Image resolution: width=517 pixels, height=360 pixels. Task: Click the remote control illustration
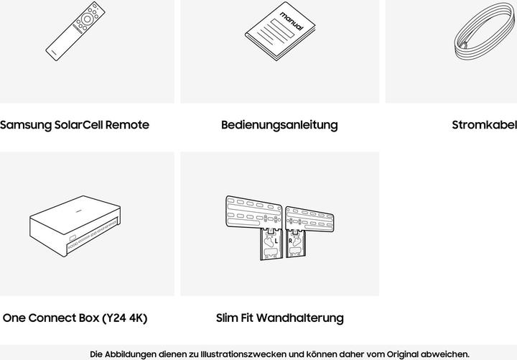[75, 32]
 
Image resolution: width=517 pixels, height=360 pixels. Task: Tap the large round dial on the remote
[87, 19]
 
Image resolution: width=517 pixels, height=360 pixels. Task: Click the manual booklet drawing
[280, 32]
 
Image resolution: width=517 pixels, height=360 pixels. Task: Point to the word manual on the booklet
[291, 21]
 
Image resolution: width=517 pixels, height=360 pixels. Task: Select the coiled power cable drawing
[484, 32]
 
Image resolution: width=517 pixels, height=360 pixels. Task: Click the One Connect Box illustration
[75, 226]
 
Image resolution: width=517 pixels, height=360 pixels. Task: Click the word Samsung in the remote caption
[26, 125]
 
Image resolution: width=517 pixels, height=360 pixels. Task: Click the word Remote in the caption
[127, 125]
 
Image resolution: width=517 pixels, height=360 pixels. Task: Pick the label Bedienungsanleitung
[279, 125]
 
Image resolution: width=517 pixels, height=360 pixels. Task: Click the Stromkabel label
[485, 125]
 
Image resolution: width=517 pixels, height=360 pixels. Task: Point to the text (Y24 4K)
[125, 318]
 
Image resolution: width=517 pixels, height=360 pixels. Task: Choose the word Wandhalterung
[300, 318]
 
